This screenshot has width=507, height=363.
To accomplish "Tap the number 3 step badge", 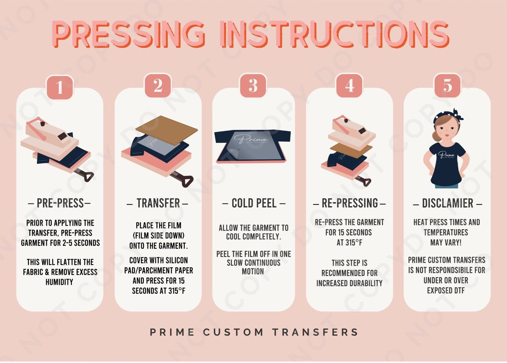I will point(253,86).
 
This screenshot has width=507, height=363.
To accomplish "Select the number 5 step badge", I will point(447,85).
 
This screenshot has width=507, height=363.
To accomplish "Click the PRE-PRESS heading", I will point(60,203).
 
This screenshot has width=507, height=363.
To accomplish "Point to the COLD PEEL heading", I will point(254,203).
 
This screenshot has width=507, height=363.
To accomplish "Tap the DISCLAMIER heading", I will point(447,203).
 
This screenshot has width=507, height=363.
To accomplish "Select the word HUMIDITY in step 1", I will point(59,282).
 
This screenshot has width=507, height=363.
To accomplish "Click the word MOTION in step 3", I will point(253,272).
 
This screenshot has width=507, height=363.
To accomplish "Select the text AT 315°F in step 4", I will point(349,243).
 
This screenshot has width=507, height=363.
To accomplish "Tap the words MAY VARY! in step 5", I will point(446,243).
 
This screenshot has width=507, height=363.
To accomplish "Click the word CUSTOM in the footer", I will point(233,332).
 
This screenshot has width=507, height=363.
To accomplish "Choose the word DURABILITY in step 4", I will point(366,283).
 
